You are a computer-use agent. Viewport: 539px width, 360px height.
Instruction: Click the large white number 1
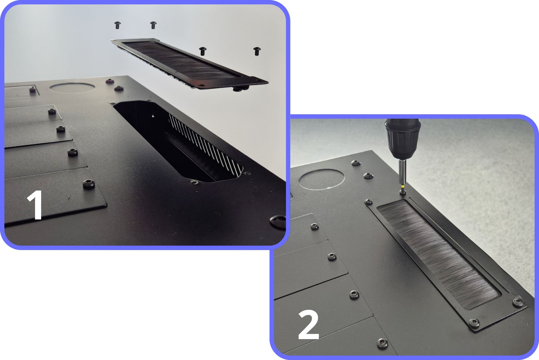pyautogui.click(x=36, y=205)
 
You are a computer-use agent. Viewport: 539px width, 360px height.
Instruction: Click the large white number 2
pyautogui.click(x=309, y=325)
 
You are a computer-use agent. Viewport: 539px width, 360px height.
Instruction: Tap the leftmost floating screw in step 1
pyautogui.click(x=118, y=25)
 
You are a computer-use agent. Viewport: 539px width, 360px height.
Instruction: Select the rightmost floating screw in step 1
pyautogui.click(x=257, y=51)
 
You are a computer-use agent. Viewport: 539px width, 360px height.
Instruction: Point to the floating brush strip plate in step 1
pyautogui.click(x=189, y=63)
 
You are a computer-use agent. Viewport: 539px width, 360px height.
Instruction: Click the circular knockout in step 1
pyautogui.click(x=72, y=88)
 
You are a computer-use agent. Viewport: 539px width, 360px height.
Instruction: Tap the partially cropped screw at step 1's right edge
pyautogui.click(x=278, y=221)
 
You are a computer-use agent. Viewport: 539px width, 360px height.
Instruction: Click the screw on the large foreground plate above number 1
pyautogui.click(x=89, y=184)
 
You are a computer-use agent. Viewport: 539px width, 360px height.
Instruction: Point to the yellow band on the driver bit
pyautogui.click(x=402, y=186)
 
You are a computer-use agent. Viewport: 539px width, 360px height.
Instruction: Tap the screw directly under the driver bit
pyautogui.click(x=402, y=192)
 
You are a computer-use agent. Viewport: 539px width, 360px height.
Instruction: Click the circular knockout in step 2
pyautogui.click(x=321, y=179)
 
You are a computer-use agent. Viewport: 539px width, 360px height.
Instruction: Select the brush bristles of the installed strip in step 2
pyautogui.click(x=438, y=254)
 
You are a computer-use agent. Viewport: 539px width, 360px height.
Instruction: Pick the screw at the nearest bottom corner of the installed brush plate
pyautogui.click(x=474, y=323)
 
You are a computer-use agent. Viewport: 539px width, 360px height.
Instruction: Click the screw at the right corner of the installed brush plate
pyautogui.click(x=518, y=302)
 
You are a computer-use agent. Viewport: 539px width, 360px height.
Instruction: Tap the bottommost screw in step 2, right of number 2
pyautogui.click(x=382, y=343)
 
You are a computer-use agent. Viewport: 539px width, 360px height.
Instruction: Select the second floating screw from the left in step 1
pyautogui.click(x=153, y=25)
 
